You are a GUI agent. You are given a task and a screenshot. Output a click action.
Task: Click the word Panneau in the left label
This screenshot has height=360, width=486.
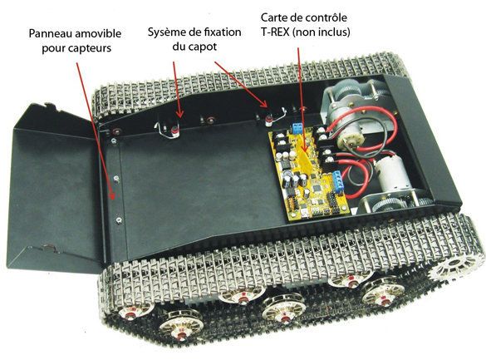point(49,33)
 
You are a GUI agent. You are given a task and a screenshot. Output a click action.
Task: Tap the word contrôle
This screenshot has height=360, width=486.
point(326,17)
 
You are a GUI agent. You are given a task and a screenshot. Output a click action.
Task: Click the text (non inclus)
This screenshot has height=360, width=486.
point(322,32)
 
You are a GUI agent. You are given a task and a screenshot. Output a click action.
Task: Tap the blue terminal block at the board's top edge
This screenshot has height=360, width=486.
point(298,127)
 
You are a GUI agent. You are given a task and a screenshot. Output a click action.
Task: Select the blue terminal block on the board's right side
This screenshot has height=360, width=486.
point(338,180)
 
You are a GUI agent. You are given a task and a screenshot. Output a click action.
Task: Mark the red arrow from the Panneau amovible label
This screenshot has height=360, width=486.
point(96,131)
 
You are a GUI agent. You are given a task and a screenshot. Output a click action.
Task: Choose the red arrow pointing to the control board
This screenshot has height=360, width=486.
point(302,100)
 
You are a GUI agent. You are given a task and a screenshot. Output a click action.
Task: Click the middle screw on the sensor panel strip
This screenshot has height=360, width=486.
point(116,179)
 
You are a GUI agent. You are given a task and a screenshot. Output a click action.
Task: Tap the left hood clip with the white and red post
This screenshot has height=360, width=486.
point(169,129)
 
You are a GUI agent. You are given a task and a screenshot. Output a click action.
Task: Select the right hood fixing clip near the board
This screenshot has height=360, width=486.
point(272,117)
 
